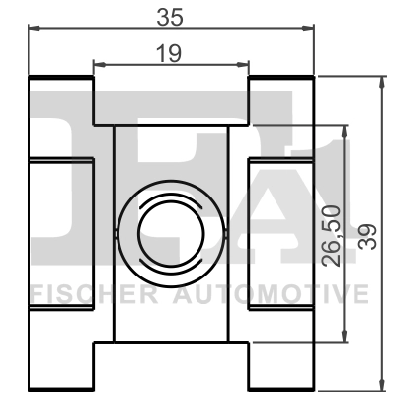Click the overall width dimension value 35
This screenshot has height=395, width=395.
[x=170, y=15]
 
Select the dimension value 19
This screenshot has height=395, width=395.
[x=170, y=54]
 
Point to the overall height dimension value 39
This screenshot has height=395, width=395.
[x=368, y=235]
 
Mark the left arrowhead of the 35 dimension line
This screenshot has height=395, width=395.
[x=33, y=29]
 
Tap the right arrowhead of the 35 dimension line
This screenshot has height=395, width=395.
[x=308, y=29]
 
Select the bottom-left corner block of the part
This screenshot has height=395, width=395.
[x=60, y=366]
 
